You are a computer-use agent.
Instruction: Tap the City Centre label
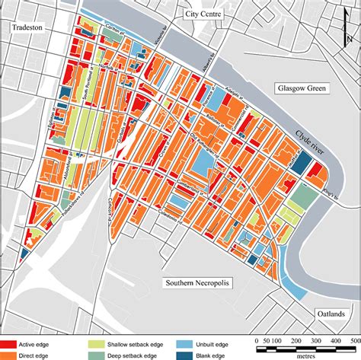(x=200, y=14)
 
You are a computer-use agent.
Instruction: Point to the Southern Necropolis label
(x=197, y=282)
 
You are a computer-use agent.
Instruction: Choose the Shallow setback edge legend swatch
(x=101, y=344)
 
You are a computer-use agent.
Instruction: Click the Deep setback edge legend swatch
(x=101, y=355)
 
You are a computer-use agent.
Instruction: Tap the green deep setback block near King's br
(x=303, y=196)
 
